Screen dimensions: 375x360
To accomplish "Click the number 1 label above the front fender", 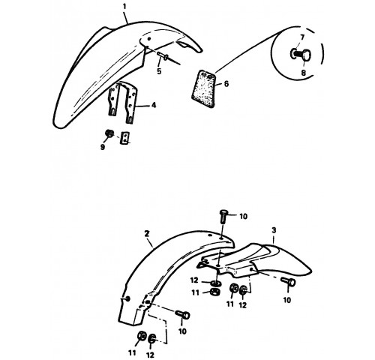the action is (x=124, y=7).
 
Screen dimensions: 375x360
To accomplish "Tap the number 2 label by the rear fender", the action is (x=147, y=234).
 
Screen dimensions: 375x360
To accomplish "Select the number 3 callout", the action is (x=274, y=230).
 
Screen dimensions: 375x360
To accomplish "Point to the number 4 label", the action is (x=154, y=105).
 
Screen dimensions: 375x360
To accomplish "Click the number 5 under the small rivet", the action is (x=159, y=71).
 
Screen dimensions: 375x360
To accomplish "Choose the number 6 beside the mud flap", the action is (x=226, y=83).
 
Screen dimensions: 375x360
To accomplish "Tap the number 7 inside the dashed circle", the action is (x=302, y=37).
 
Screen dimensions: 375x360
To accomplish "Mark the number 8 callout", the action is (x=304, y=73).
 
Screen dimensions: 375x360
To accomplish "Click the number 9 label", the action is (x=103, y=147).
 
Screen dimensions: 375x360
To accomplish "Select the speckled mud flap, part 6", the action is (x=204, y=88).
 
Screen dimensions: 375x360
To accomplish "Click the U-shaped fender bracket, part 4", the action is (x=123, y=102).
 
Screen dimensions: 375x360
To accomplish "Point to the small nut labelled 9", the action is (x=109, y=133).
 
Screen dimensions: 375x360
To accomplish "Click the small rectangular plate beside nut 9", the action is (x=124, y=138).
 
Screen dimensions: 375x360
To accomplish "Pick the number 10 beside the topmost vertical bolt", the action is (x=243, y=217).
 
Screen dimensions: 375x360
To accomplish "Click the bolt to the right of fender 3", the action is (x=288, y=282).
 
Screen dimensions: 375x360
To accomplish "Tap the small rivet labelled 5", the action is (x=163, y=55).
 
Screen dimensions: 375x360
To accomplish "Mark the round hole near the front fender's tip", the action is (x=149, y=39).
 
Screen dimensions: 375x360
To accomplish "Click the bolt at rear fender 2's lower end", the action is (x=182, y=314).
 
